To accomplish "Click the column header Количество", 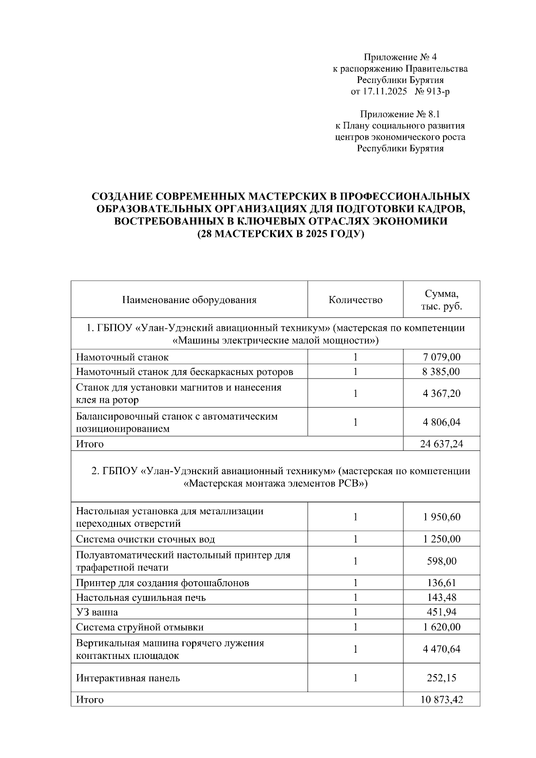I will click(x=355, y=300).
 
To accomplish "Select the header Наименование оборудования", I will click(x=189, y=300).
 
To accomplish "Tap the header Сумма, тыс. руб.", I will click(x=441, y=300).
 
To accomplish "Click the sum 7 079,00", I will click(x=441, y=357).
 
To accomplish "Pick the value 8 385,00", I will click(x=441, y=372).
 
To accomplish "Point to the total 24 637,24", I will click(x=441, y=444).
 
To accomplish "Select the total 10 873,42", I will click(x=441, y=700).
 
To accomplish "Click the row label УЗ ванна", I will click(x=97, y=612).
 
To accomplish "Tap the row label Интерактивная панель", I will click(x=128, y=678).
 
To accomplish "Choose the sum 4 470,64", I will click(x=441, y=649).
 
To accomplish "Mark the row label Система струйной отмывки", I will click(x=139, y=627).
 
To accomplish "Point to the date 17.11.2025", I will click(x=385, y=92).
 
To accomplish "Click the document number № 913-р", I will click(x=432, y=92).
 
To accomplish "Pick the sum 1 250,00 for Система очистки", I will click(x=441, y=539).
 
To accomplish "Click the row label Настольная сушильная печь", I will click(x=141, y=598).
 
